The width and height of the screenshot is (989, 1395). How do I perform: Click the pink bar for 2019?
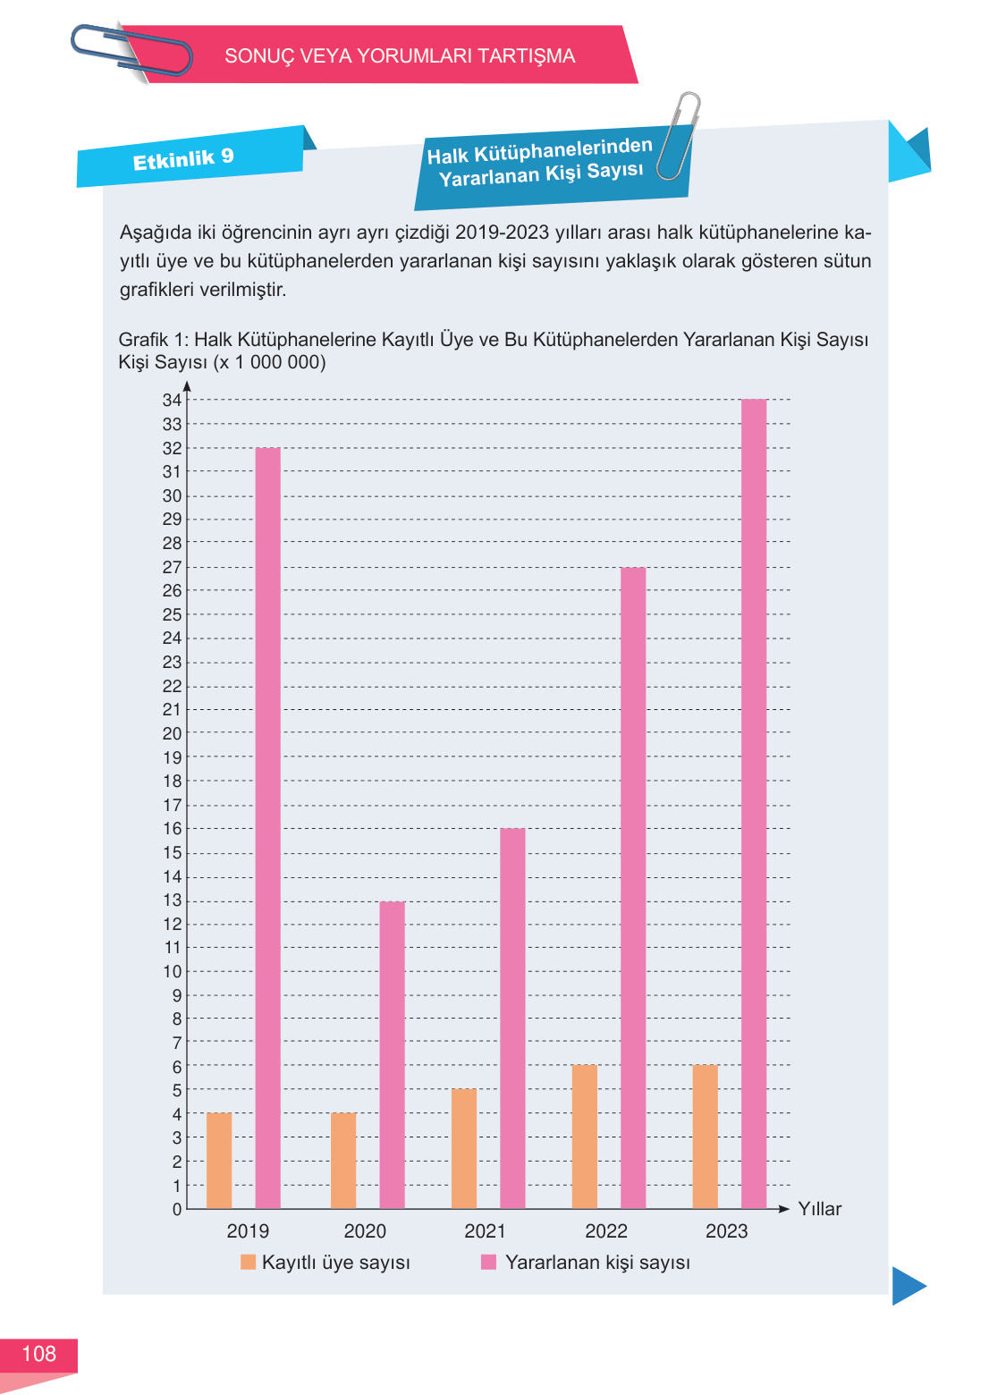pyautogui.click(x=267, y=827)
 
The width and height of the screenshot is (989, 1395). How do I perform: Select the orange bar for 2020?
pyautogui.click(x=343, y=1161)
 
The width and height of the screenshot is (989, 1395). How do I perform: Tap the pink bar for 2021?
pyautogui.click(x=512, y=1018)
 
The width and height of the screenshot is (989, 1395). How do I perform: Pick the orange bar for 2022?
pyautogui.click(x=584, y=1137)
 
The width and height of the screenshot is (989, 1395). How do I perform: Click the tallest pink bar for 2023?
pyautogui.click(x=754, y=803)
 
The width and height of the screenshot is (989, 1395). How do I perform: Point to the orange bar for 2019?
pyautogui.click(x=219, y=1161)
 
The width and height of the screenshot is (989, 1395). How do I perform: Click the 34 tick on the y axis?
pyautogui.click(x=172, y=400)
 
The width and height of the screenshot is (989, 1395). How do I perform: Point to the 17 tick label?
pyautogui.click(x=172, y=805)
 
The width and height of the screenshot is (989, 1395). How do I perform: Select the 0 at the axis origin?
pyautogui.click(x=177, y=1209)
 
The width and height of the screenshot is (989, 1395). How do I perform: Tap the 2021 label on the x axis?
pyautogui.click(x=485, y=1231)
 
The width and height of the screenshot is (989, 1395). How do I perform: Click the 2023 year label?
pyautogui.click(x=726, y=1231)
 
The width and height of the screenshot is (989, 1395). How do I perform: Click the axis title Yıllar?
pyautogui.click(x=819, y=1209)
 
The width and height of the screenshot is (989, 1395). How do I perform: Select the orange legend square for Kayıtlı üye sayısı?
pyautogui.click(x=249, y=1262)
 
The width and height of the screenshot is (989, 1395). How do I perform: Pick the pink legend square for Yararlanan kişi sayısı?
pyautogui.click(x=488, y=1262)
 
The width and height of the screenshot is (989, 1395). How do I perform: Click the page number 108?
pyautogui.click(x=38, y=1354)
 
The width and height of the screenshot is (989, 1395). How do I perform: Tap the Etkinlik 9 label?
pyautogui.click(x=183, y=159)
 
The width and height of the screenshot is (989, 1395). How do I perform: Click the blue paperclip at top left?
pyautogui.click(x=131, y=50)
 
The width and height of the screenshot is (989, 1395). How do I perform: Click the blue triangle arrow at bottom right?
pyautogui.click(x=908, y=1286)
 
